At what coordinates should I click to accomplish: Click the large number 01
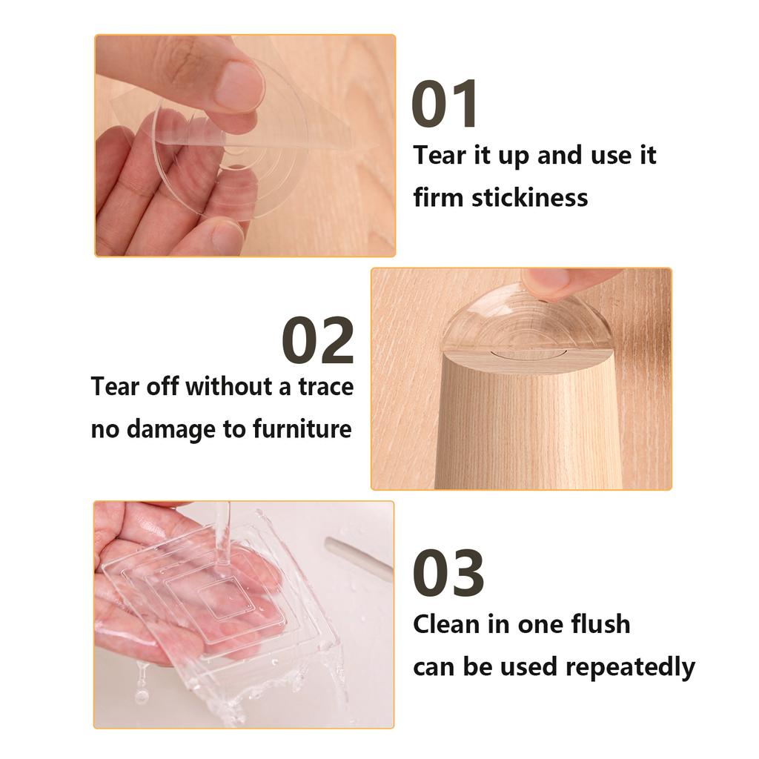click(x=445, y=105)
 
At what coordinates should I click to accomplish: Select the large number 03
click(x=448, y=573)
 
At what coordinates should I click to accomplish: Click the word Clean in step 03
click(x=446, y=623)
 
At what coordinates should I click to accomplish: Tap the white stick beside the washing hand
click(x=358, y=557)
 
